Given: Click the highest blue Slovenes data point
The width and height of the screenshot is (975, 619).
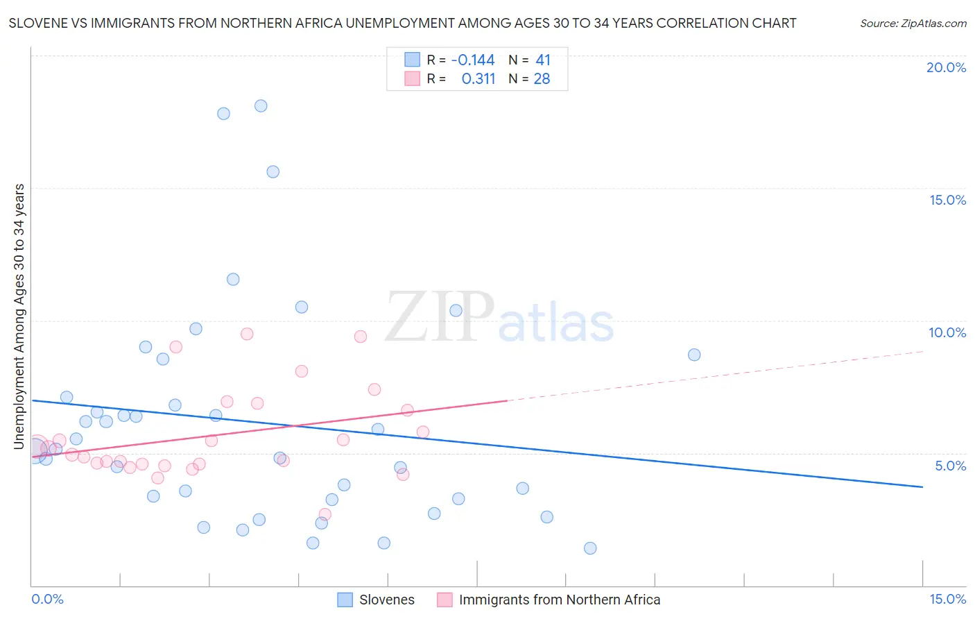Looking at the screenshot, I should tap(261, 106).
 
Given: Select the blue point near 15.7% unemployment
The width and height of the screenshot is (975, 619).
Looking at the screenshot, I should tap(273, 172).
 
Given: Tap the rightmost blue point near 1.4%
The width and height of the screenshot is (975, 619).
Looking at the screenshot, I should tap(590, 548).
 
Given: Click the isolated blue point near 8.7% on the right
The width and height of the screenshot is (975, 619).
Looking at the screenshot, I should tap(694, 355).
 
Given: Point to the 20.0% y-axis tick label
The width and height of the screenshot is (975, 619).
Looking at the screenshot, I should tap(946, 67).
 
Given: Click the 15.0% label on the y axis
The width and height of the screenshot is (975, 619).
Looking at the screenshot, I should tap(947, 200).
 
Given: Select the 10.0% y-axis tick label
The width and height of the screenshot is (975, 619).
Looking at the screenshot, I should tap(947, 332).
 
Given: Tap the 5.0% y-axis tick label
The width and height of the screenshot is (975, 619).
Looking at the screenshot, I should tap(950, 466).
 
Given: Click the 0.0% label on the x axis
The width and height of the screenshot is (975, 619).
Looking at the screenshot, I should tap(47, 599).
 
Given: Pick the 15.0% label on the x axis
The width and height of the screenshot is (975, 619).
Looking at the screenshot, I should tap(947, 599).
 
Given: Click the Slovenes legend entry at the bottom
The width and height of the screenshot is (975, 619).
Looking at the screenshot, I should tap(386, 600).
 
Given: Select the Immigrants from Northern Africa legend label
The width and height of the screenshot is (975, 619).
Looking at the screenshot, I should tap(559, 600).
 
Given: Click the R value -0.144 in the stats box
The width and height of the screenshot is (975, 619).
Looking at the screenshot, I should tap(473, 60).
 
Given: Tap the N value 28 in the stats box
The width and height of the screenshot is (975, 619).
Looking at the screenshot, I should tap(542, 79).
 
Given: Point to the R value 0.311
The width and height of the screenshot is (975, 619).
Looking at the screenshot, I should tap(478, 79).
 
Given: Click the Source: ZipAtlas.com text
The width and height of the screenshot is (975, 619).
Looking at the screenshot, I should tap(913, 23).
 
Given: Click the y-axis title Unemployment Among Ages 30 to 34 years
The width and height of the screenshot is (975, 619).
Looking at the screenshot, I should tap(19, 316).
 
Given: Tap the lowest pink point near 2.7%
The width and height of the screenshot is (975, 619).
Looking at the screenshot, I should tap(325, 514).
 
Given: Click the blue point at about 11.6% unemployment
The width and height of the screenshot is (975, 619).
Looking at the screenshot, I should tap(233, 280).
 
